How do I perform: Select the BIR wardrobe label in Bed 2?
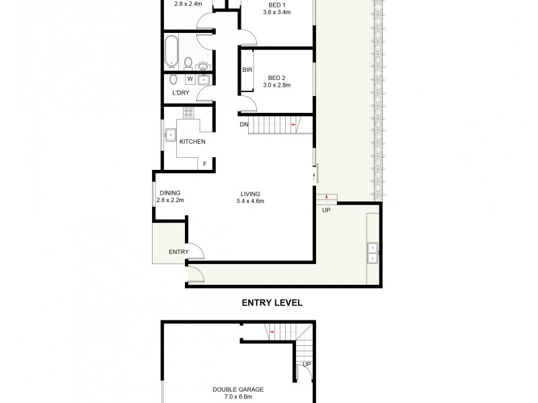(247, 69)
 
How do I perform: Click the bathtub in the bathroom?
(171, 51)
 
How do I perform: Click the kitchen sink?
(171, 136)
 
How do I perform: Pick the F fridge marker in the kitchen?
(204, 164)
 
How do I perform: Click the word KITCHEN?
(192, 142)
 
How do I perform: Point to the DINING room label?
(170, 193)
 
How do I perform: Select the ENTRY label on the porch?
(178, 252)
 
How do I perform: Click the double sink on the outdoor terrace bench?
(372, 252)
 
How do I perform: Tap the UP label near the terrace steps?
(328, 210)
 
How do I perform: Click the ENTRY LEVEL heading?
(272, 303)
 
